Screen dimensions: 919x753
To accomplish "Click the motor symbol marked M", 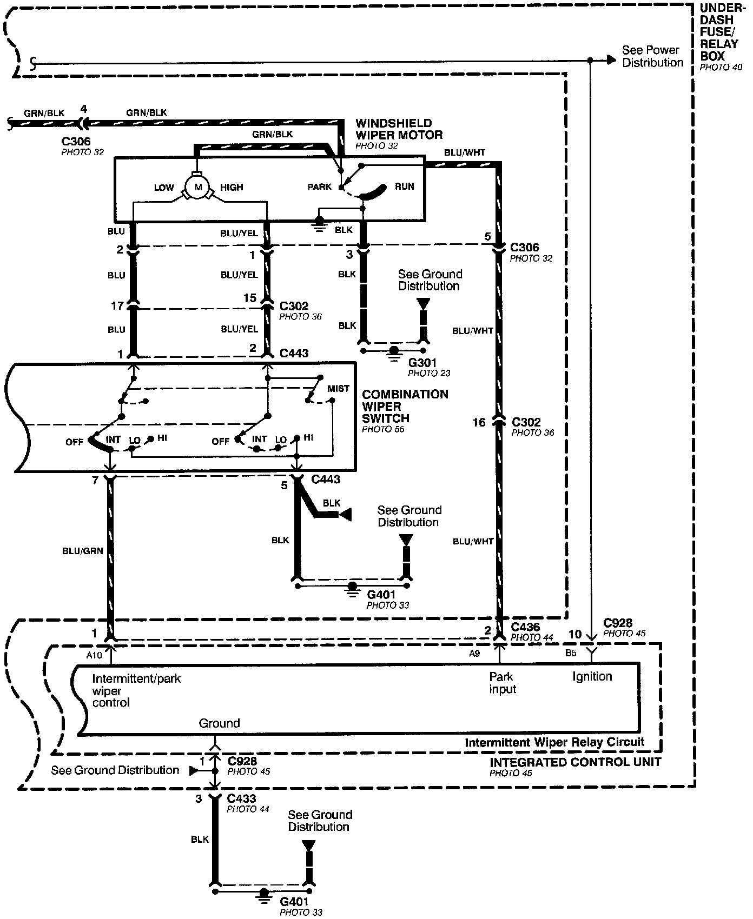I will point(197,187).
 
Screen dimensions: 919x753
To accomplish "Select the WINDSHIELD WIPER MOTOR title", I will point(399,129).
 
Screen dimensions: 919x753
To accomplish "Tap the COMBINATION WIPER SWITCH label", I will point(405,406).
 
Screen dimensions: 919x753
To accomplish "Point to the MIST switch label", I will point(338,389).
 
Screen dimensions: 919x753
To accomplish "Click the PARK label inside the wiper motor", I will point(319,187).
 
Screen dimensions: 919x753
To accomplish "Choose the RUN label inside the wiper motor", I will point(404,187).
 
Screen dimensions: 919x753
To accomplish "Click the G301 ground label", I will point(422,362).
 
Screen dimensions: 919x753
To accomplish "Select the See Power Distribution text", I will point(652,56).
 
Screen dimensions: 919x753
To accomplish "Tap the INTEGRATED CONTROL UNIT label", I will point(575,762).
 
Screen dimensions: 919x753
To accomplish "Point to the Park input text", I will point(503,683).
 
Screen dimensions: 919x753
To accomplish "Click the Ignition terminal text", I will point(592,676).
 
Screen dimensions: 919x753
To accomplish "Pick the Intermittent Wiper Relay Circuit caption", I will point(554,742).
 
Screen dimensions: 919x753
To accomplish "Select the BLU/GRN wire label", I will point(82,551).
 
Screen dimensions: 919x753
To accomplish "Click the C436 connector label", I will point(525,627).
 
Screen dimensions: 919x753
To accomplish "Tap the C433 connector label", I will point(241,798).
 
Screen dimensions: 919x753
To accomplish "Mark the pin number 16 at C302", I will point(479,422).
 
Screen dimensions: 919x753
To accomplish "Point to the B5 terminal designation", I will point(571,653).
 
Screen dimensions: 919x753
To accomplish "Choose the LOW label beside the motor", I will point(164,188).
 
